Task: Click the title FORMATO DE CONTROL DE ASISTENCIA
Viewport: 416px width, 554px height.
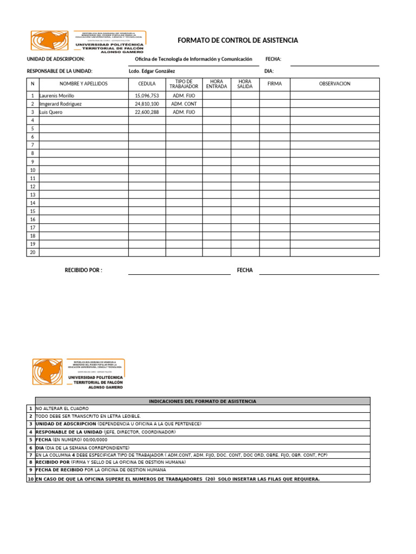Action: coord(238,41)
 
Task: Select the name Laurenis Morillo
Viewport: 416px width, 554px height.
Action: coord(57,95)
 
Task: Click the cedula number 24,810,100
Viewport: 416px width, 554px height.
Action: coord(147,104)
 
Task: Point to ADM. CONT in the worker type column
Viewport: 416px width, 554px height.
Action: coord(184,104)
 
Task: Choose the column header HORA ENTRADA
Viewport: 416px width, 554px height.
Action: coord(217,84)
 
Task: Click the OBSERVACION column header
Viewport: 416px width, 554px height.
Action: coord(334,84)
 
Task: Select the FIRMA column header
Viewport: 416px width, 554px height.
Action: coord(275,84)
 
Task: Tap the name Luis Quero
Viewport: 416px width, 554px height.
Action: coord(51,112)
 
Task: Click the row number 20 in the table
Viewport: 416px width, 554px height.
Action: coord(32,252)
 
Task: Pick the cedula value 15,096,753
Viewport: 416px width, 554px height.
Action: coord(147,95)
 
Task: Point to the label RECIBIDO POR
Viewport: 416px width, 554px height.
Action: coord(83,270)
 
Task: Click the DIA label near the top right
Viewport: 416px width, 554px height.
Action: coord(269,71)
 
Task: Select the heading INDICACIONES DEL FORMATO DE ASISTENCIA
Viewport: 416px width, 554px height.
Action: coord(202,401)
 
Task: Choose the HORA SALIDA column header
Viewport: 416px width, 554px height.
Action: coord(245,84)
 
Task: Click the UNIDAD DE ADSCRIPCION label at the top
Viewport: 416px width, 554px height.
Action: coord(56,59)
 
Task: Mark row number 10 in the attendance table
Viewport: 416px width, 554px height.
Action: coord(32,170)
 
